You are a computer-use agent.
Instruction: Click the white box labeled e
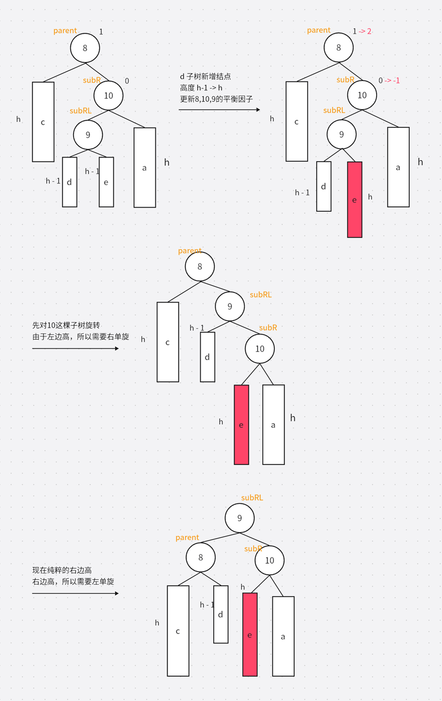[x=106, y=182]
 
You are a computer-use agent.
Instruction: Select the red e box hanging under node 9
[x=355, y=200]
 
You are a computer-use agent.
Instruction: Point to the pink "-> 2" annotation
[x=365, y=31]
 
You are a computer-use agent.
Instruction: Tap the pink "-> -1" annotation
[x=392, y=80]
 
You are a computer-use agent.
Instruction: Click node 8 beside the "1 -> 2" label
[x=339, y=48]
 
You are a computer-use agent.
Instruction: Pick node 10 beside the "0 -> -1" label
[x=362, y=95]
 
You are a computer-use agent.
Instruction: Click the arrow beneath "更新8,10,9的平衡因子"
[x=219, y=109]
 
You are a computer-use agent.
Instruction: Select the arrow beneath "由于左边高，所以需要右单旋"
[x=75, y=348]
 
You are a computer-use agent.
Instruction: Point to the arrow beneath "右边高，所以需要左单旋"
[x=75, y=594]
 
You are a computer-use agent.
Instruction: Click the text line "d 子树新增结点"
[x=205, y=76]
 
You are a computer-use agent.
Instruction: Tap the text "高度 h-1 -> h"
[x=201, y=87]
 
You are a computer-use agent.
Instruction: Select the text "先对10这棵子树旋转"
[x=66, y=325]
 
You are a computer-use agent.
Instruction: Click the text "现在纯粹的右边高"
[x=62, y=570]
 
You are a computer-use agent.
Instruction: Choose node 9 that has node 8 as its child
[x=240, y=518]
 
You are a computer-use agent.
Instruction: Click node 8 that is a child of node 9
[x=201, y=557]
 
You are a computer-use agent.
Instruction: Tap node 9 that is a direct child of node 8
[x=230, y=306]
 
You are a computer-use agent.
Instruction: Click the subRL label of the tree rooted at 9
[x=252, y=497]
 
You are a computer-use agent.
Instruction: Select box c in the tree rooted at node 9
[x=178, y=631]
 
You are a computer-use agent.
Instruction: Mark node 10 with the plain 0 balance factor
[x=108, y=96]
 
